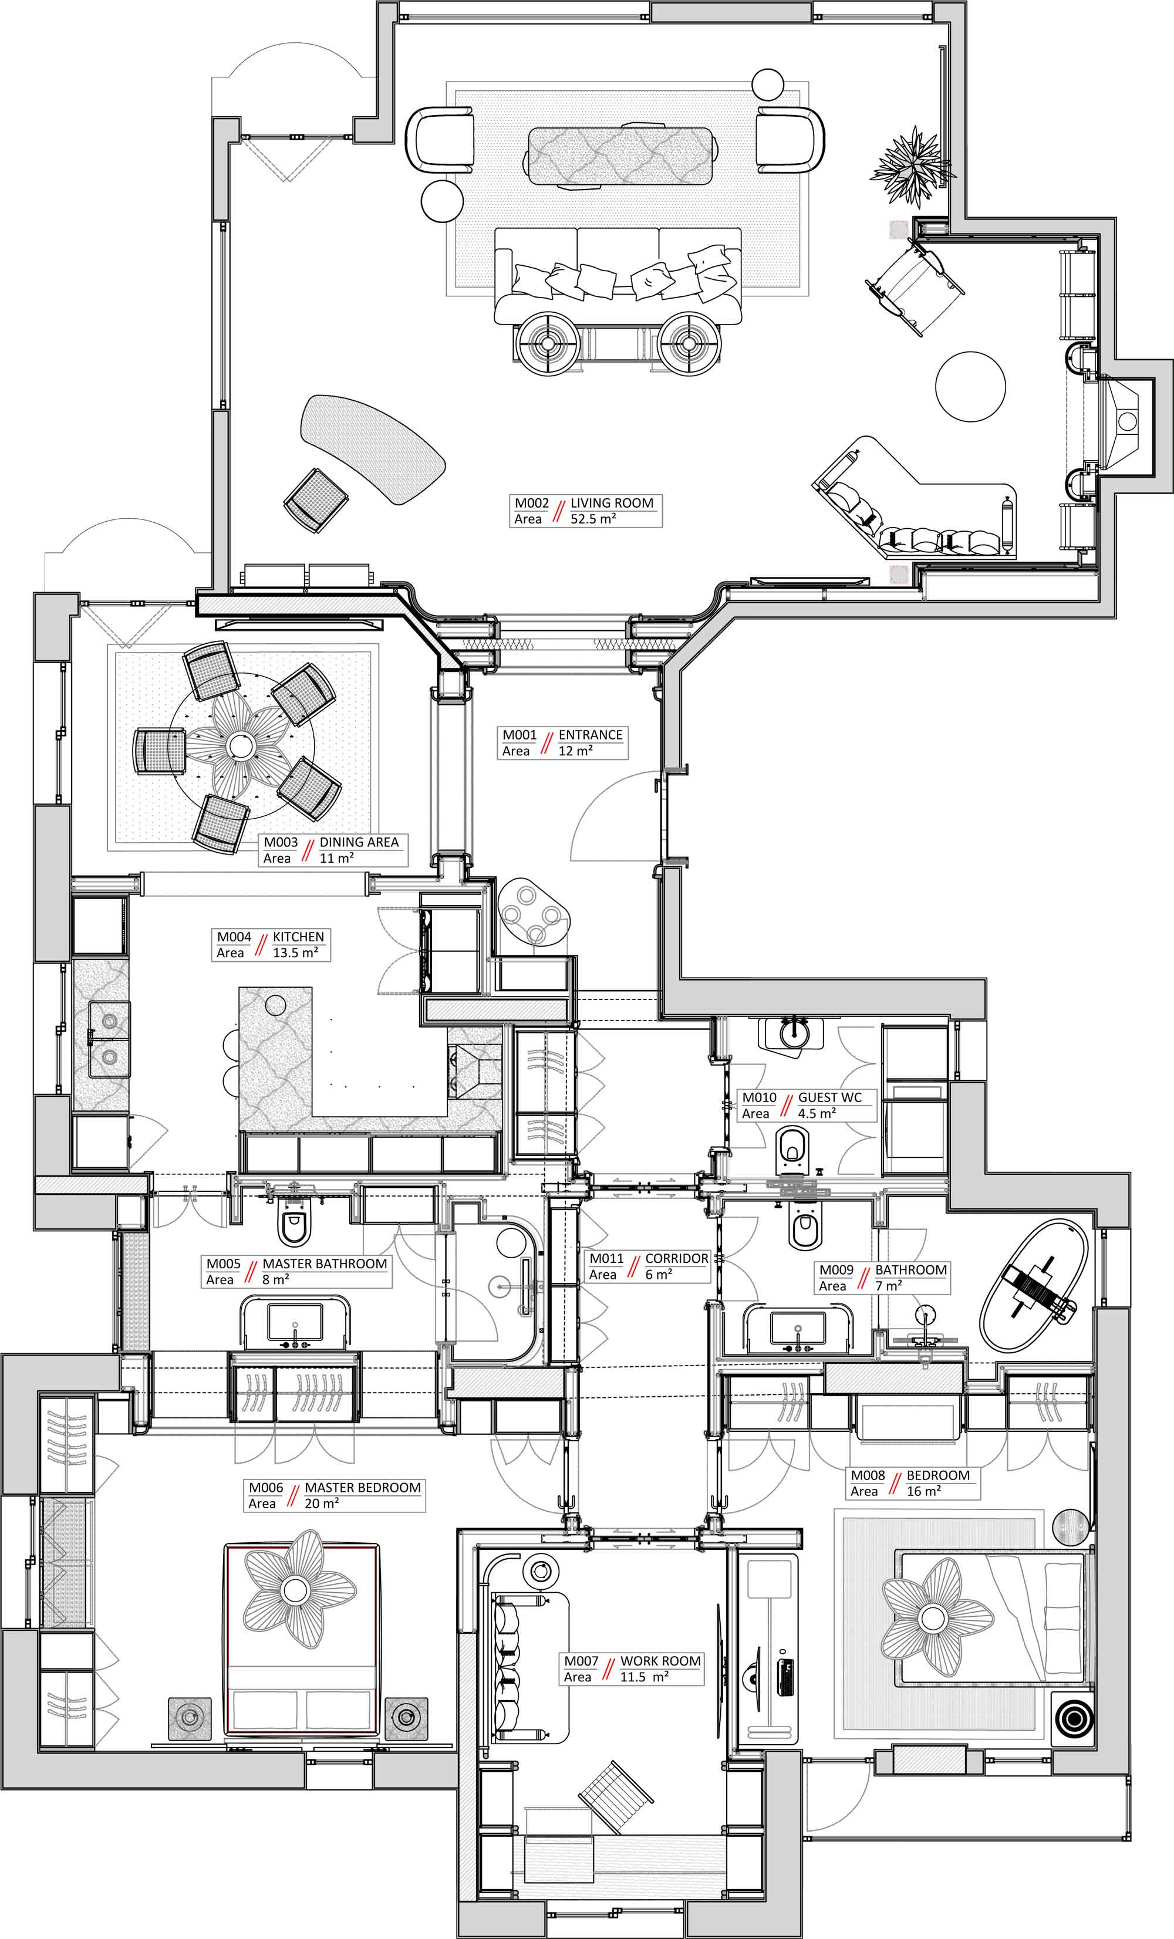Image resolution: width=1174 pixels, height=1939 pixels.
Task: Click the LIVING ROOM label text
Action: click(612, 503)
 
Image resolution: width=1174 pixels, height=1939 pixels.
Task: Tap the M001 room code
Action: click(519, 735)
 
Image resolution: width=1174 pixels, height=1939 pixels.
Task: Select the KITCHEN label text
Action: click(298, 937)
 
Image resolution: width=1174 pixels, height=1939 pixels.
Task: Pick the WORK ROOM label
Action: click(660, 1661)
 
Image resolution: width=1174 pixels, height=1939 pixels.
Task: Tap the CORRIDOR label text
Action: click(677, 1258)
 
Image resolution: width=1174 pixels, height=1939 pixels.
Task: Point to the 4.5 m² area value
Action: click(817, 1113)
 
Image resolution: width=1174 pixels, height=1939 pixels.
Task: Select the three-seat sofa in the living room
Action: click(618, 275)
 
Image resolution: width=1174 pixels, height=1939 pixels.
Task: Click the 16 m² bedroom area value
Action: click(924, 1491)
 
